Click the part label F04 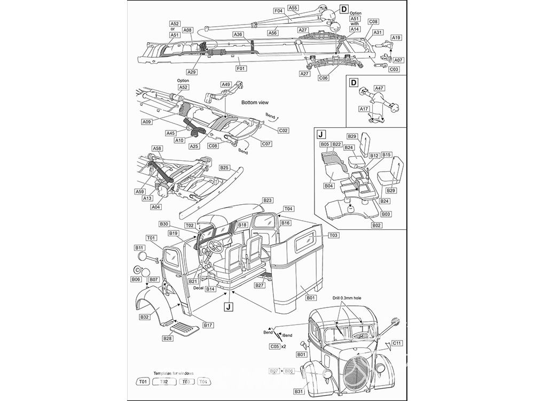coord(278,11)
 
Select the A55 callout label coord(293,8)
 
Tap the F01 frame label coord(241,68)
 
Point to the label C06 coord(323,78)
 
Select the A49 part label coord(226,84)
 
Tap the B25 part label coord(225,167)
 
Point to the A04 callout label coord(155,207)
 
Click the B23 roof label coord(268,200)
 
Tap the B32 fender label coord(144,317)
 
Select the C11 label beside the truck coord(397,343)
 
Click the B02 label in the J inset coord(377,226)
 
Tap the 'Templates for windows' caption coord(174,373)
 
